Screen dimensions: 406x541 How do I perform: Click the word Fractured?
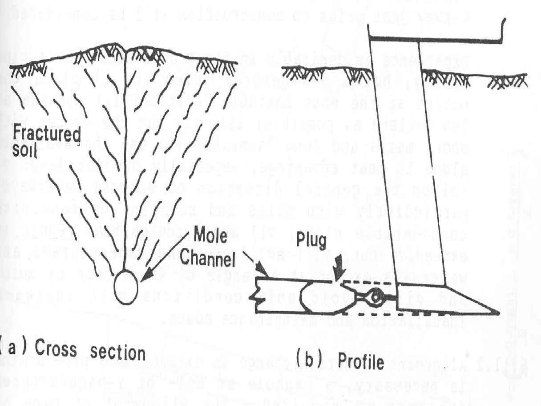pyautogui.click(x=46, y=134)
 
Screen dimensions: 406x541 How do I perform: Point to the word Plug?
pyautogui.click(x=311, y=241)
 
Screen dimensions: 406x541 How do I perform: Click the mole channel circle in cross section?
pyautogui.click(x=126, y=287)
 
